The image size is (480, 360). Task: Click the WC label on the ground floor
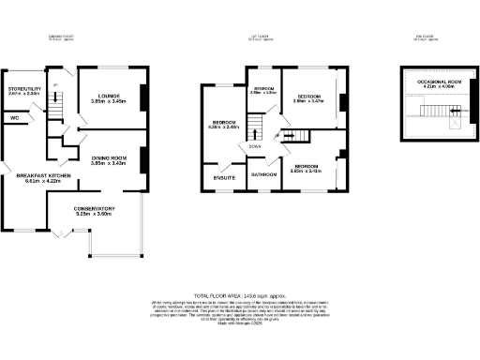coord(15,118)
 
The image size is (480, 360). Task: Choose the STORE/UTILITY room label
coord(23,89)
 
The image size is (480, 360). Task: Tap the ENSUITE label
coord(224,176)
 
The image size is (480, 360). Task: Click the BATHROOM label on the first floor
coord(262,174)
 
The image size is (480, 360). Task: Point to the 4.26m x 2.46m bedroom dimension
coord(226,127)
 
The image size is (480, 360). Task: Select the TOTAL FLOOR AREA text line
coord(240,295)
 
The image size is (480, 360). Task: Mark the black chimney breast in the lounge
coord(142,97)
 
